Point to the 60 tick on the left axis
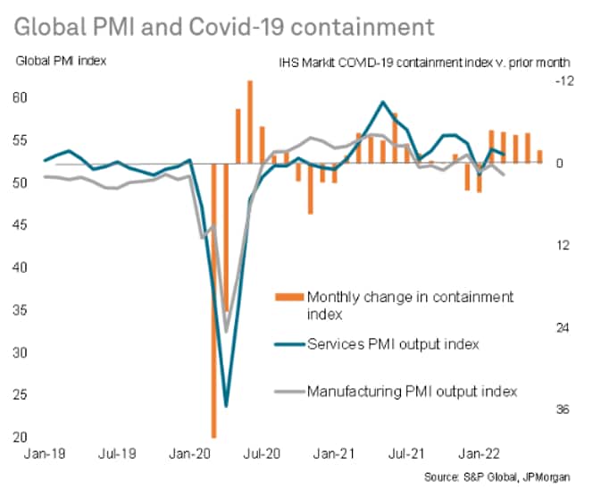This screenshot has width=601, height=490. point(21,97)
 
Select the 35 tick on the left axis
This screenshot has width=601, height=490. point(21,311)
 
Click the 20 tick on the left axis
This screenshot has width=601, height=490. point(21,438)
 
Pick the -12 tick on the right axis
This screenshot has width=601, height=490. point(563,81)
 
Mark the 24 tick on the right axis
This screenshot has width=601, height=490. point(563,327)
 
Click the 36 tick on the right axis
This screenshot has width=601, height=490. point(563,410)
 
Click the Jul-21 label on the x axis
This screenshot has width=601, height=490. point(408,454)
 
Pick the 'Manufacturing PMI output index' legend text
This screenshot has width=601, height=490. point(412,391)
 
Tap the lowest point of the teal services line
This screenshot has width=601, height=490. point(226,406)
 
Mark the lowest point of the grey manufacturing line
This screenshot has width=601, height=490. point(226,332)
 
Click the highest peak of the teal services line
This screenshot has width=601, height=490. point(383,102)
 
